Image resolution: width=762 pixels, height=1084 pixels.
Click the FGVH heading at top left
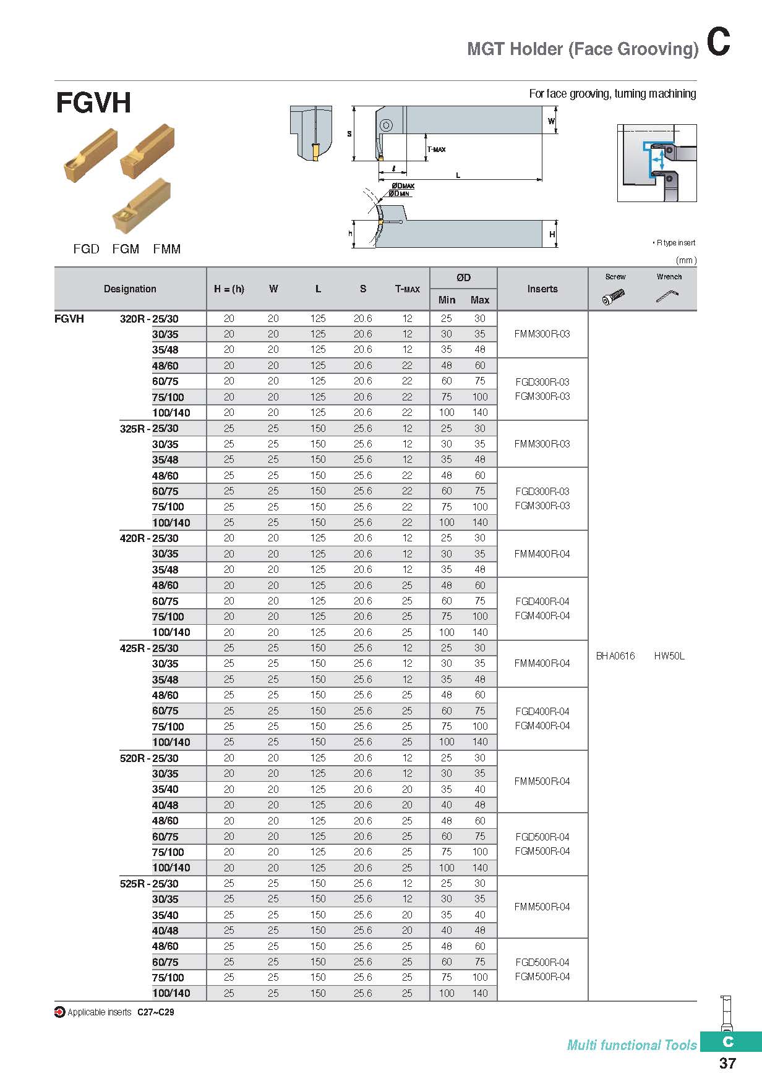point(93,103)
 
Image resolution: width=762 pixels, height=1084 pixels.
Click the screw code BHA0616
point(615,656)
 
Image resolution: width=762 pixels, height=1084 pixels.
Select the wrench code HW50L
point(669,656)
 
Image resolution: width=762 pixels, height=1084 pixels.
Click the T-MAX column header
point(407,289)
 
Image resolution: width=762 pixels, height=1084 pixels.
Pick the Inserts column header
point(542,289)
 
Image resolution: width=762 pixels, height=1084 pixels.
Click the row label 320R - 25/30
point(149,319)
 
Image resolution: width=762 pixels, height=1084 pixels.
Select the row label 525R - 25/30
point(149,884)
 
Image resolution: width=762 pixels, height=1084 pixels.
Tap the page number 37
point(727,1063)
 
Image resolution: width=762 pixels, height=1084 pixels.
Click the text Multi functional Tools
point(631,1045)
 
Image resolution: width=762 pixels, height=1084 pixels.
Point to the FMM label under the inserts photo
point(167,249)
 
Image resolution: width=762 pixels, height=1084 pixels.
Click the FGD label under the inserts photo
point(86,249)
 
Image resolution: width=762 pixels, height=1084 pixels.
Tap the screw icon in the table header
point(615,297)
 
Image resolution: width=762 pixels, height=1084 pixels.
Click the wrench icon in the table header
point(667,297)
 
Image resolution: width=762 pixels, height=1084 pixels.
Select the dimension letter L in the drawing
point(458,176)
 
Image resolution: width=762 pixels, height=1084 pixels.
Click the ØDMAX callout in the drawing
point(403,186)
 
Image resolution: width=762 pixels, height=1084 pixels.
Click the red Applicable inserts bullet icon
point(60,1012)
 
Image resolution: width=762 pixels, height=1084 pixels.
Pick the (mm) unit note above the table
point(686,261)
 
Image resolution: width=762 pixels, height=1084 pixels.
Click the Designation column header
point(130,289)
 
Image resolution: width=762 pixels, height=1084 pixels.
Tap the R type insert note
point(675,243)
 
